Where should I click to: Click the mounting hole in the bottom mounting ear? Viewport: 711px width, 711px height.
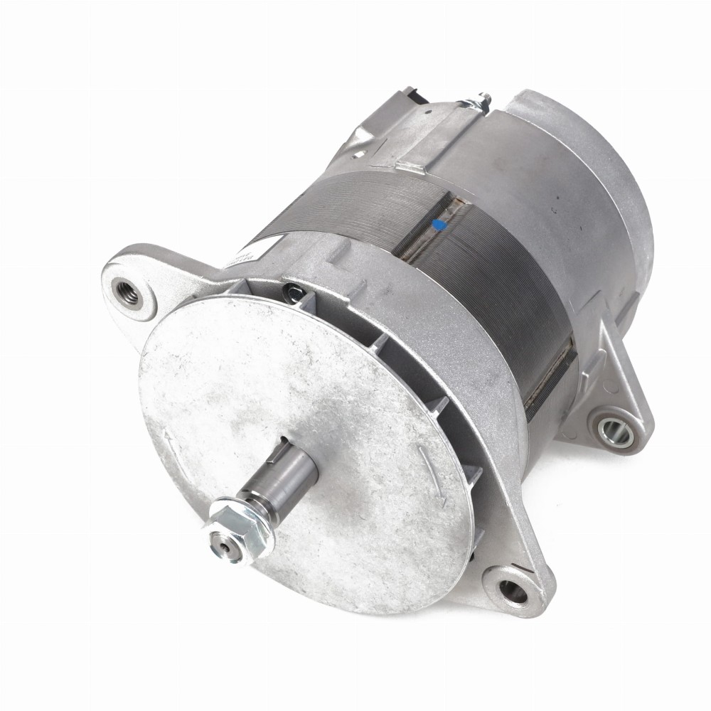(x=513, y=589)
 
